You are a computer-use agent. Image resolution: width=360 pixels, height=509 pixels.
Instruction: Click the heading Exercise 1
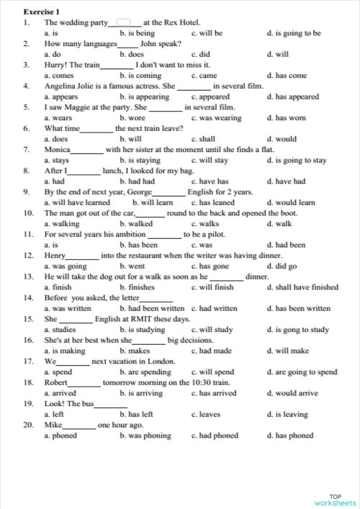(40, 12)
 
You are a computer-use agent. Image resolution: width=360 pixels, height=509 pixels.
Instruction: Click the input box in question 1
(123, 22)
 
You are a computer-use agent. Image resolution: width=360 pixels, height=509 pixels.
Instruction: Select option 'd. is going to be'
(294, 33)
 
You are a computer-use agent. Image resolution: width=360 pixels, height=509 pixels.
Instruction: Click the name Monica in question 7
(57, 150)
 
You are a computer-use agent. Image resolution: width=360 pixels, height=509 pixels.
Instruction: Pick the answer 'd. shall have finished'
(302, 287)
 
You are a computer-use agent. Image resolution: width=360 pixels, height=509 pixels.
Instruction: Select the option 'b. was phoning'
(146, 436)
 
